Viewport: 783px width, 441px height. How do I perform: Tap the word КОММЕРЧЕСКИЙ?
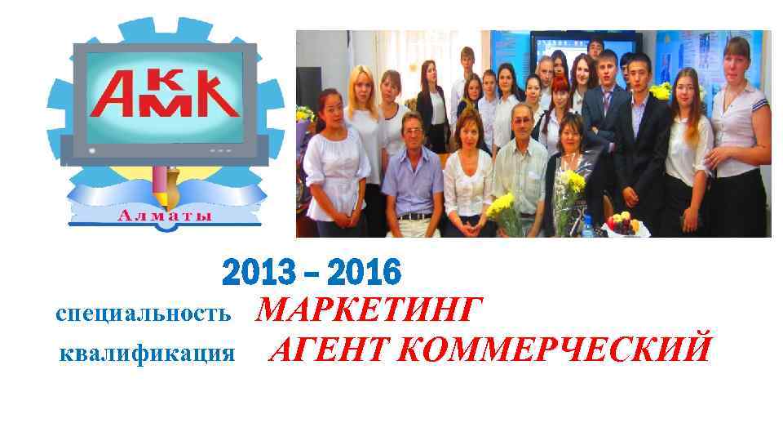click(x=555, y=350)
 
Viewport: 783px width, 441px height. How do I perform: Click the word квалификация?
click(x=148, y=353)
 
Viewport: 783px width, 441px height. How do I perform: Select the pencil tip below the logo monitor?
click(x=168, y=198)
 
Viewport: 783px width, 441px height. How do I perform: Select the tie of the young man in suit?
click(x=607, y=102)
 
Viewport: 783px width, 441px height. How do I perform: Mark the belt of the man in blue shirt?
click(x=415, y=216)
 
